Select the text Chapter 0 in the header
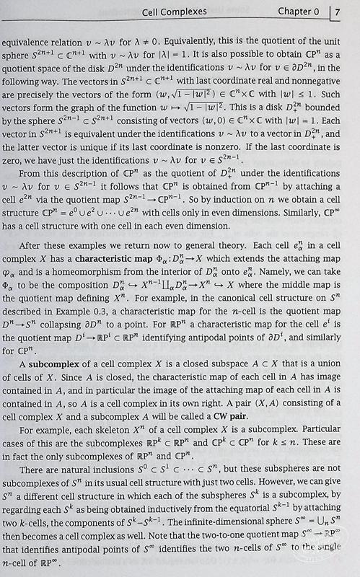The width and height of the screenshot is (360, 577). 297,12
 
